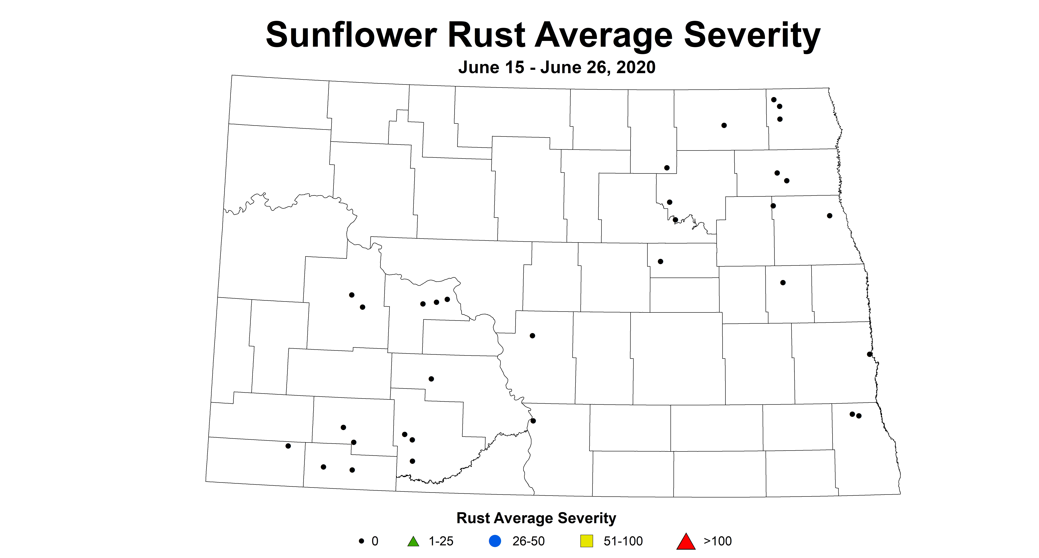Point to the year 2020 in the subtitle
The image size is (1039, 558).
[x=636, y=67]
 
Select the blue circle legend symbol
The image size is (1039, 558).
[x=495, y=541]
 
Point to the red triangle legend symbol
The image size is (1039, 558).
[x=686, y=541]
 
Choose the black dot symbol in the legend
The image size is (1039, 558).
[x=361, y=541]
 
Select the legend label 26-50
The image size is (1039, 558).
[x=528, y=541]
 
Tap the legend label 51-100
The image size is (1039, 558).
[x=623, y=541]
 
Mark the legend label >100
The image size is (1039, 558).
[x=718, y=541]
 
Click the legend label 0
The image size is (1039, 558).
[x=375, y=541]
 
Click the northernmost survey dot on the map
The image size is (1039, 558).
[x=774, y=100]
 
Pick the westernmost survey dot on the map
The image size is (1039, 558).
[x=288, y=446]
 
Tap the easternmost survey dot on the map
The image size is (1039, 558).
[x=870, y=354]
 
